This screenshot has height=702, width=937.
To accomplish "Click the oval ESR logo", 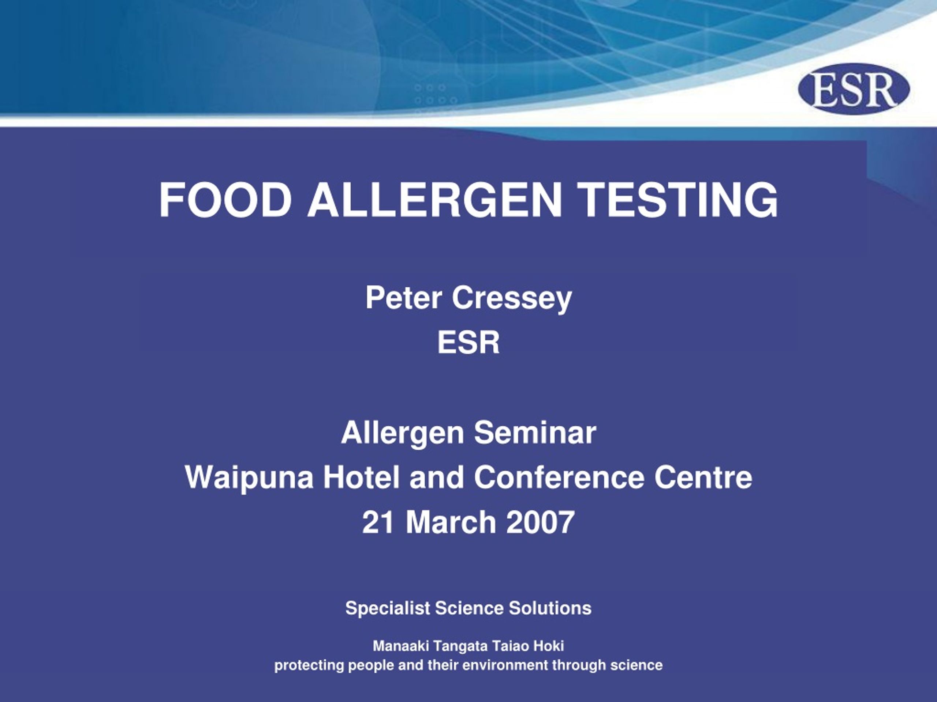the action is pyautogui.click(x=854, y=89).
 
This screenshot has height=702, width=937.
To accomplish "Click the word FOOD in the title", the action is pyautogui.click(x=225, y=200).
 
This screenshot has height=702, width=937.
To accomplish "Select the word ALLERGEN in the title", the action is pyautogui.click(x=434, y=200).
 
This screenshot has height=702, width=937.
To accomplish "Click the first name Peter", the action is pyautogui.click(x=404, y=298).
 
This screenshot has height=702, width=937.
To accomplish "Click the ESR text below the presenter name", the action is pyautogui.click(x=468, y=342).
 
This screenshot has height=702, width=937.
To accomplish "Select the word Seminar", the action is pyautogui.click(x=535, y=433).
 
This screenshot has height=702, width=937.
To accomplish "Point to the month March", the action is pyautogui.click(x=451, y=522).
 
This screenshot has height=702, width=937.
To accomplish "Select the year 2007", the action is pyautogui.click(x=541, y=522).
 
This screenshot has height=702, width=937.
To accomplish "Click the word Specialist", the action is pyautogui.click(x=388, y=608).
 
